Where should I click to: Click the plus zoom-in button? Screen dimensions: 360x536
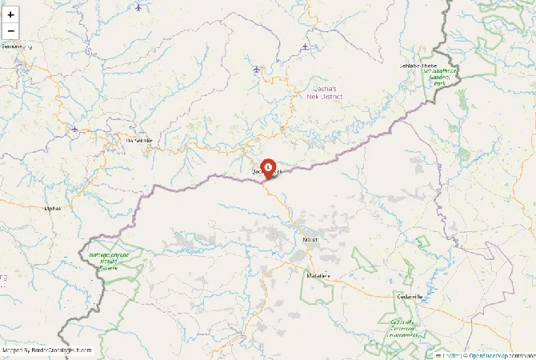click(11, 14)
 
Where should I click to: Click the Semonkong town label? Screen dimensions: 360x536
click(16, 46)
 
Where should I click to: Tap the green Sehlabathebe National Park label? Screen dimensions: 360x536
click(440, 76)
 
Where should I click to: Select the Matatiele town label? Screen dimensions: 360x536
click(318, 275)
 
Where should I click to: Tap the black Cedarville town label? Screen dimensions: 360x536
click(410, 295)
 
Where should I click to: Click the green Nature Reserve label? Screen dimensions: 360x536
click(108, 261)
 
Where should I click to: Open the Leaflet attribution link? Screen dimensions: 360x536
click(451, 355)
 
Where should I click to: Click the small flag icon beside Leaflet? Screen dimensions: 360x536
click(439, 355)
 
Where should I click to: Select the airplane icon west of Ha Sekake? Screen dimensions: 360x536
click(74, 128)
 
